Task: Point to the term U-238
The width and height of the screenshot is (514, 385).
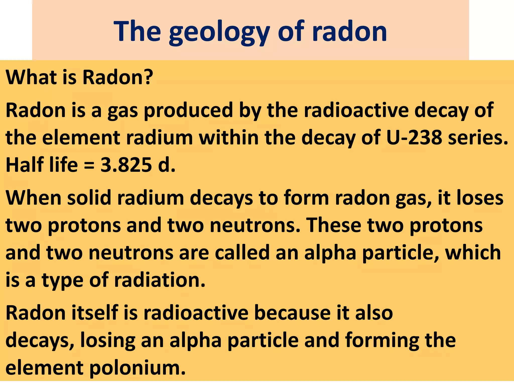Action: click(x=414, y=138)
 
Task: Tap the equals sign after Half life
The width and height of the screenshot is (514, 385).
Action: click(x=89, y=165)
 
